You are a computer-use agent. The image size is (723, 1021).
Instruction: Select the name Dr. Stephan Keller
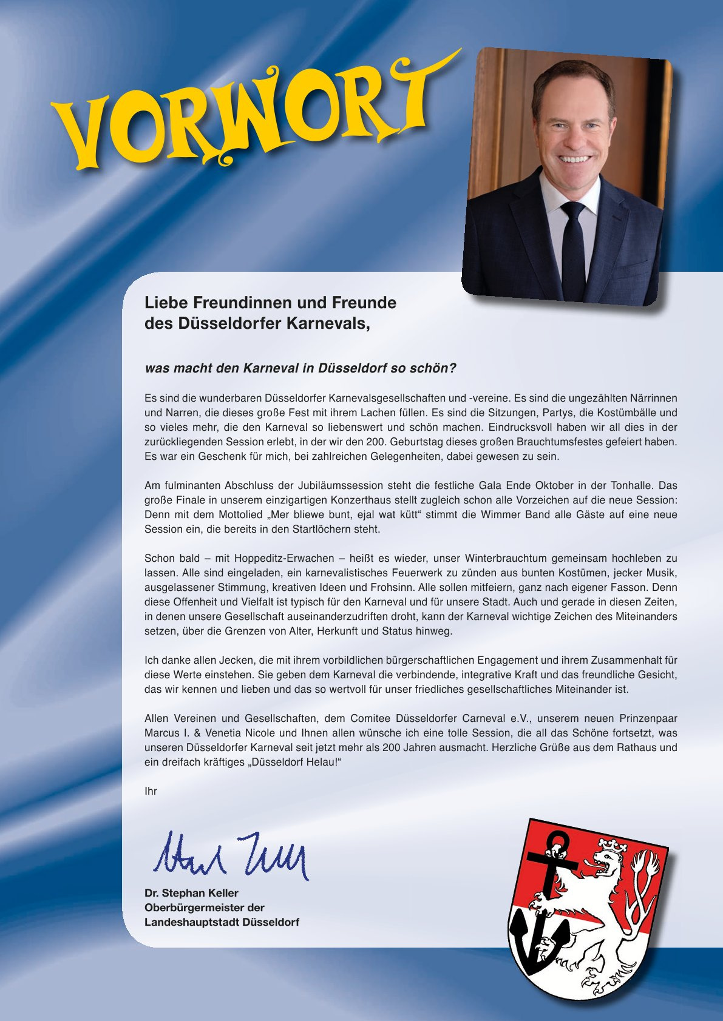[191, 893]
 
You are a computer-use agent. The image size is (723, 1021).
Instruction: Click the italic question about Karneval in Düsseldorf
[300, 368]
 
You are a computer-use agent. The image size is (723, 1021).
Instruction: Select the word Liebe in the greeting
[166, 302]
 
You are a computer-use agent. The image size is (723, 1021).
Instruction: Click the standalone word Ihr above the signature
[151, 791]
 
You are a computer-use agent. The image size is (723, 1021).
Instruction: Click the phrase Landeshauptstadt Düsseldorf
[222, 922]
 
